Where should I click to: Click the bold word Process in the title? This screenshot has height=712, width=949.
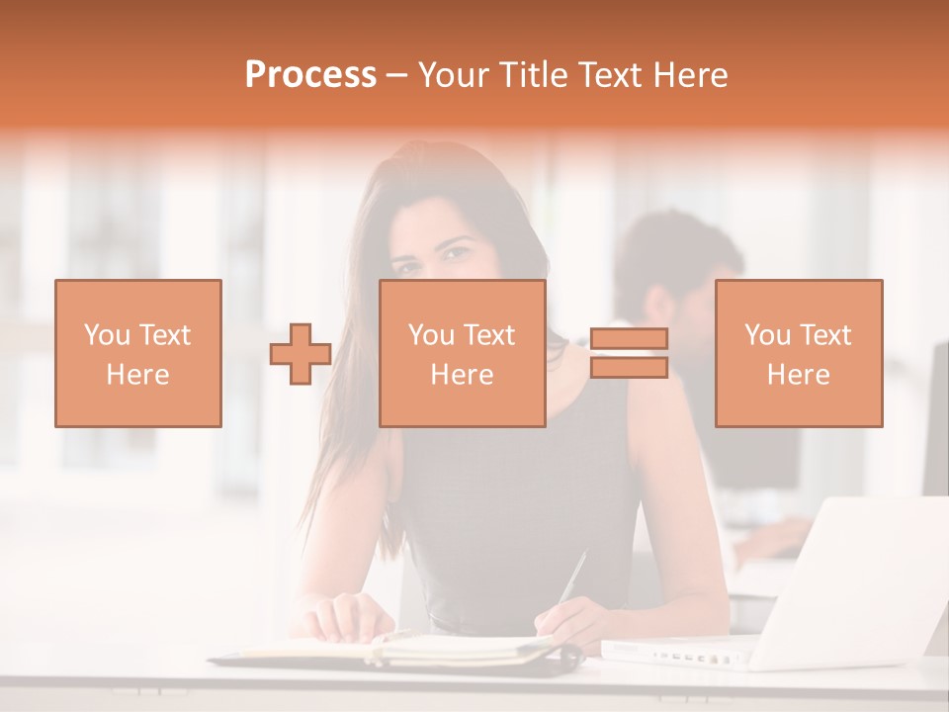pos(310,74)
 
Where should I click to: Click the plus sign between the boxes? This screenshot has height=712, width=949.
pos(301,353)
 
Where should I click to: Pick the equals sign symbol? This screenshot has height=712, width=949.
pos(629,353)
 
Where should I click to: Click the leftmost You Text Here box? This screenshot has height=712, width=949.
pos(138,353)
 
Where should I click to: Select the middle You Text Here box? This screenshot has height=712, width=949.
pos(462,353)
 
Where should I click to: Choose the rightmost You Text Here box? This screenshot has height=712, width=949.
pos(799,353)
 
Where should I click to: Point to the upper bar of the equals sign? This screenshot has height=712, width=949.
pos(629,339)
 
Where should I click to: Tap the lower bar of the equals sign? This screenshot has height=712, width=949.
pos(629,368)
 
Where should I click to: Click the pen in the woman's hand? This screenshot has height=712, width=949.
pos(572,578)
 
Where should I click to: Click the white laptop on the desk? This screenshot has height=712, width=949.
pos(840,593)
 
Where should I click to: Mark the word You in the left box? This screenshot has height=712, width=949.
pos(105,335)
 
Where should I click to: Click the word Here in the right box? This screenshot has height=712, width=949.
pos(799,375)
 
